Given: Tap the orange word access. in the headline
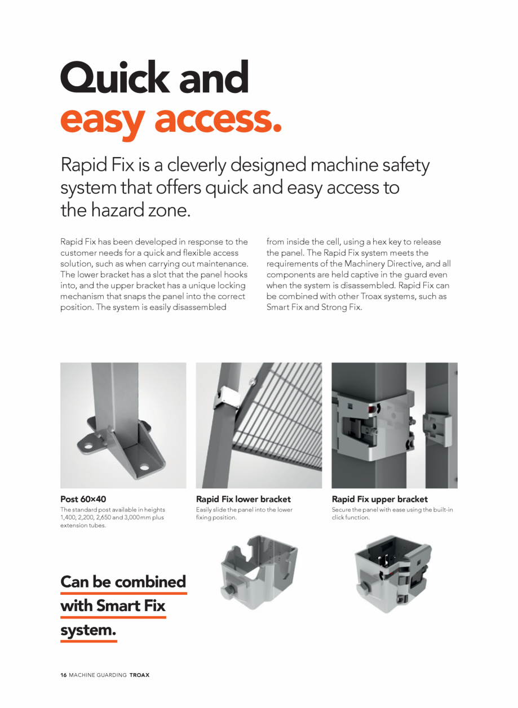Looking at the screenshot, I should tap(218, 119).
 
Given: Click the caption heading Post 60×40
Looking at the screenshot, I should tap(83, 499).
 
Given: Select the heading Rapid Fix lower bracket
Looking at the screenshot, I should tap(243, 499).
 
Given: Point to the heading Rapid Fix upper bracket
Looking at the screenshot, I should tap(380, 499).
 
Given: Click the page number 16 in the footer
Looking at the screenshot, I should tap(64, 675).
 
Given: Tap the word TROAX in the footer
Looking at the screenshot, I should tap(140, 675).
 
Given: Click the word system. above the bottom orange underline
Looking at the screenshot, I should tap(88, 631).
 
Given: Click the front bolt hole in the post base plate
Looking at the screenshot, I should tap(144, 467).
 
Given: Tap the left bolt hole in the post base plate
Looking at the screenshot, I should tap(88, 448).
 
